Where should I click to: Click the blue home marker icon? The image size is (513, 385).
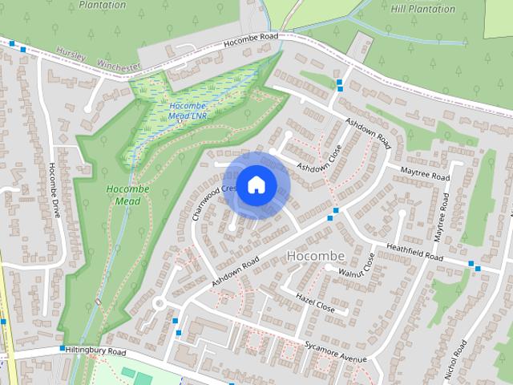(x=256, y=185)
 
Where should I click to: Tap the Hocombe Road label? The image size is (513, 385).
(x=251, y=38)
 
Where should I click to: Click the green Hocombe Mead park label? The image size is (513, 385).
(x=123, y=195)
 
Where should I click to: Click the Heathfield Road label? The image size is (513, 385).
(x=414, y=251)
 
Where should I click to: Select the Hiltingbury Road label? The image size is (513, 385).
(x=96, y=352)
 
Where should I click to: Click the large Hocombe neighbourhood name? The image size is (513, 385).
(x=315, y=256)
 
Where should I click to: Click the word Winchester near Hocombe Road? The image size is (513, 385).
(x=119, y=64)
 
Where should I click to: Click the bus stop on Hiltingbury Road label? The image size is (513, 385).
(x=62, y=349)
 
